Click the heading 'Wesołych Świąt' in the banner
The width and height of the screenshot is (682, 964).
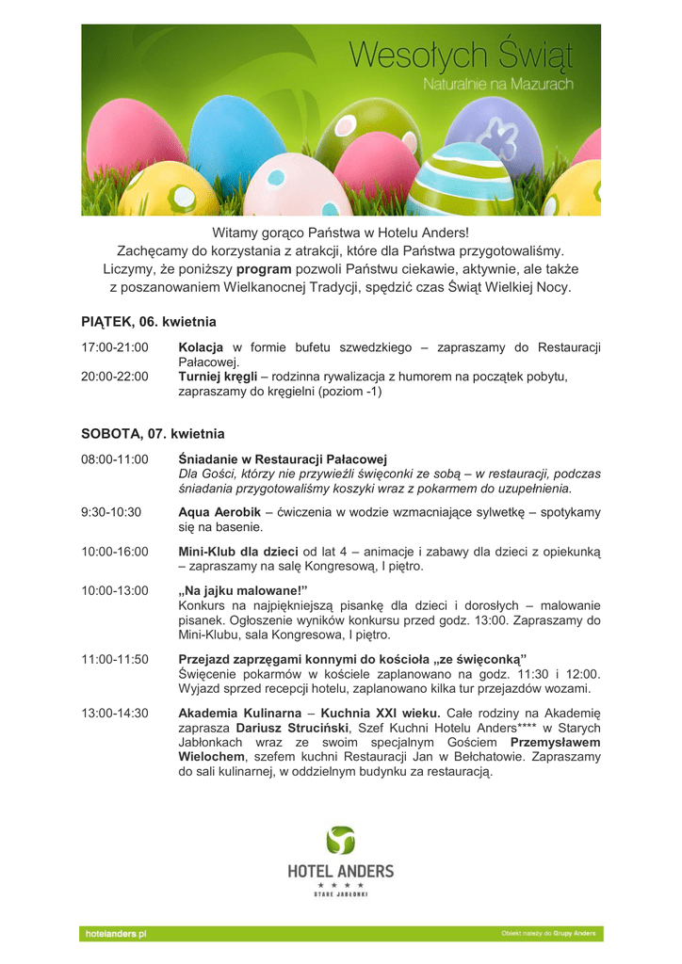coord(461,55)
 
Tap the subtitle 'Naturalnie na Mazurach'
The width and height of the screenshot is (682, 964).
coord(498,85)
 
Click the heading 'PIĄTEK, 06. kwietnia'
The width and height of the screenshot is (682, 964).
coord(149,321)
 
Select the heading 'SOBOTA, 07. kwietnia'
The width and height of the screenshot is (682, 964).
coord(153,434)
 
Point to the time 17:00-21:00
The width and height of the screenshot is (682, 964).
coord(115,348)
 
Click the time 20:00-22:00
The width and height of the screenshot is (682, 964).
coord(115,377)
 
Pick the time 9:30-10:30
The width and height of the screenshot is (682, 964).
coord(111,512)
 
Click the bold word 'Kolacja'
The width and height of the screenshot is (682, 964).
coord(201,348)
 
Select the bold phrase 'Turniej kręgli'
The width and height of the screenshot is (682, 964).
coord(218,377)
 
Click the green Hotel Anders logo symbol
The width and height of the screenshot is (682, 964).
coord(340,841)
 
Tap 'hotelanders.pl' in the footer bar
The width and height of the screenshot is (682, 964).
coord(116,934)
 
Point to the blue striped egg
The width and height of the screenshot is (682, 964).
coord(459,180)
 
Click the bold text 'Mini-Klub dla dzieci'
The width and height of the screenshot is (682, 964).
coord(238,551)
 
